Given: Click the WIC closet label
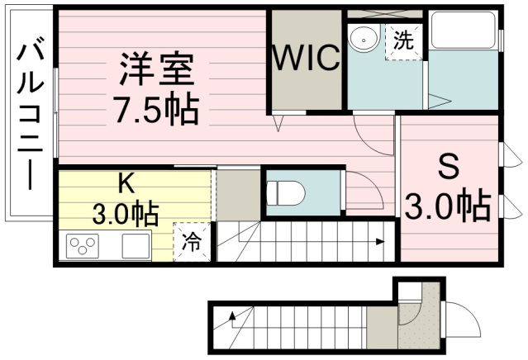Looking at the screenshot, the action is pyautogui.click(x=306, y=58).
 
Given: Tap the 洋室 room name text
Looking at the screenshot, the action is pyautogui.click(x=156, y=69).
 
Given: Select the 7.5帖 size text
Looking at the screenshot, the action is pyautogui.click(x=156, y=108).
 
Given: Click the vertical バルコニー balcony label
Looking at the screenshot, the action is pyautogui.click(x=31, y=116).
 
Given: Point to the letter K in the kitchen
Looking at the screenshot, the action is pyautogui.click(x=127, y=183).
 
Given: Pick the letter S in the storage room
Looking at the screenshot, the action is pyautogui.click(x=449, y=166).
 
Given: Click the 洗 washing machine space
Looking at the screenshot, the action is pyautogui.click(x=404, y=42).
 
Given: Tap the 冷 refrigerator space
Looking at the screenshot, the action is pyautogui.click(x=192, y=242).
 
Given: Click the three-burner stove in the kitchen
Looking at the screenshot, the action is pyautogui.click(x=83, y=245).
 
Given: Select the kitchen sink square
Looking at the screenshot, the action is pyautogui.click(x=136, y=246).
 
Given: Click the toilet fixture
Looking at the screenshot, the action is pyautogui.click(x=286, y=193).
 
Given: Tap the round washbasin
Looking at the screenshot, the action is pyautogui.click(x=364, y=39).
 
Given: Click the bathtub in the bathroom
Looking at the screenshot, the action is pyautogui.click(x=464, y=30).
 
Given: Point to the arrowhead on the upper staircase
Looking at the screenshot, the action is pyautogui.click(x=381, y=241).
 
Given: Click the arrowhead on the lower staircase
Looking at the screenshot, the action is pyautogui.click(x=232, y=316).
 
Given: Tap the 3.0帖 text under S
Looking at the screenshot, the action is pyautogui.click(x=448, y=206).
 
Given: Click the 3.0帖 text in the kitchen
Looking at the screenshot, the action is pyautogui.click(x=126, y=213).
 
